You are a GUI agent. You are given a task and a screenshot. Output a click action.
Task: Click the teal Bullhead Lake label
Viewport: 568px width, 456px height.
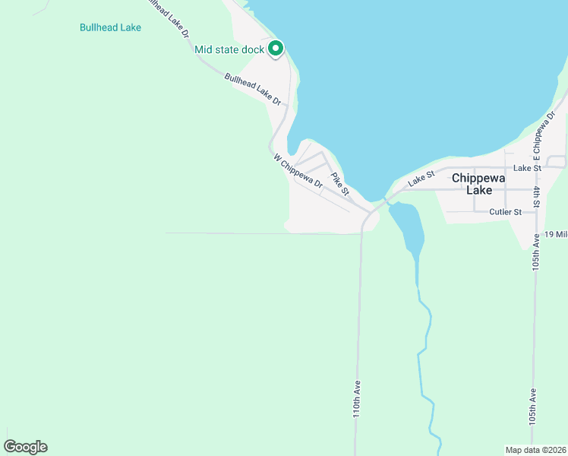pyautogui.click(x=110, y=27)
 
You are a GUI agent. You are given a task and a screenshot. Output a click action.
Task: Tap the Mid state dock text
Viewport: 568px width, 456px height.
pyautogui.click(x=229, y=50)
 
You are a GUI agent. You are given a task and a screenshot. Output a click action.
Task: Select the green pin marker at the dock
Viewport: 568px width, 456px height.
pyautogui.click(x=276, y=49)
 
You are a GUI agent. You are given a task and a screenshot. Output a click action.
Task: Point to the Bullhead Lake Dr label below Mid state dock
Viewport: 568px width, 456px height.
pyautogui.click(x=253, y=89)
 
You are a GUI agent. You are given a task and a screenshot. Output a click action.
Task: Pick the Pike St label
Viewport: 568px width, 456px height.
pyautogui.click(x=339, y=182)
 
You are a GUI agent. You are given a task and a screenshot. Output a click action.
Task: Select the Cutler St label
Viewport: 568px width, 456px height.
pyautogui.click(x=505, y=212)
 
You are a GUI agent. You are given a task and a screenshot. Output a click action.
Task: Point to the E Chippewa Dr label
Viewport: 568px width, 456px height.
pyautogui.click(x=541, y=144)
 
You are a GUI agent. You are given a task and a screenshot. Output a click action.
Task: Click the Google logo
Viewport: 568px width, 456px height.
pyautogui.click(x=25, y=447)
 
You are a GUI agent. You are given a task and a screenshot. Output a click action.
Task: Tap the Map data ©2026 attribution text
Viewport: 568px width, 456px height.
pyautogui.click(x=535, y=449)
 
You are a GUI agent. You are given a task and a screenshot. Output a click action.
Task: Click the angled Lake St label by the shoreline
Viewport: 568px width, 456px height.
pyautogui.click(x=420, y=179)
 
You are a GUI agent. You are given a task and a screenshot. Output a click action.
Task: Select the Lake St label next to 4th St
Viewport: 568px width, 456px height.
pyautogui.click(x=526, y=168)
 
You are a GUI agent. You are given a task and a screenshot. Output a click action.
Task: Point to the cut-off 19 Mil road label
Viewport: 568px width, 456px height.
pyautogui.click(x=556, y=234)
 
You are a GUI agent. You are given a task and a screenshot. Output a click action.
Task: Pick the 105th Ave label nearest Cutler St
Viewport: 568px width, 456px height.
pyautogui.click(x=536, y=252)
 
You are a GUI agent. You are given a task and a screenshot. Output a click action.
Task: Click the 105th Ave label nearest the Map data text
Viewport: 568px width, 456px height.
pyautogui.click(x=534, y=407)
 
